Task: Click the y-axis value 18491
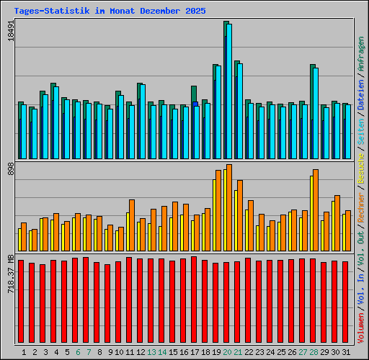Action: click(x=11, y=32)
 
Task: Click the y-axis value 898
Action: click(x=11, y=169)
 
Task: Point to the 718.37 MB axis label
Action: click(x=11, y=272)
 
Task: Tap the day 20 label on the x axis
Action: click(x=227, y=353)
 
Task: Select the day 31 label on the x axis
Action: click(x=346, y=353)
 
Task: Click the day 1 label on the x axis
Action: click(x=25, y=353)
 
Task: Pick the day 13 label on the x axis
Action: click(x=151, y=353)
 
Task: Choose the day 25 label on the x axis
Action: click(x=281, y=353)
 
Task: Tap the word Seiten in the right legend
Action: click(x=361, y=142)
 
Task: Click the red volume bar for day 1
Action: click(x=21, y=302)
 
